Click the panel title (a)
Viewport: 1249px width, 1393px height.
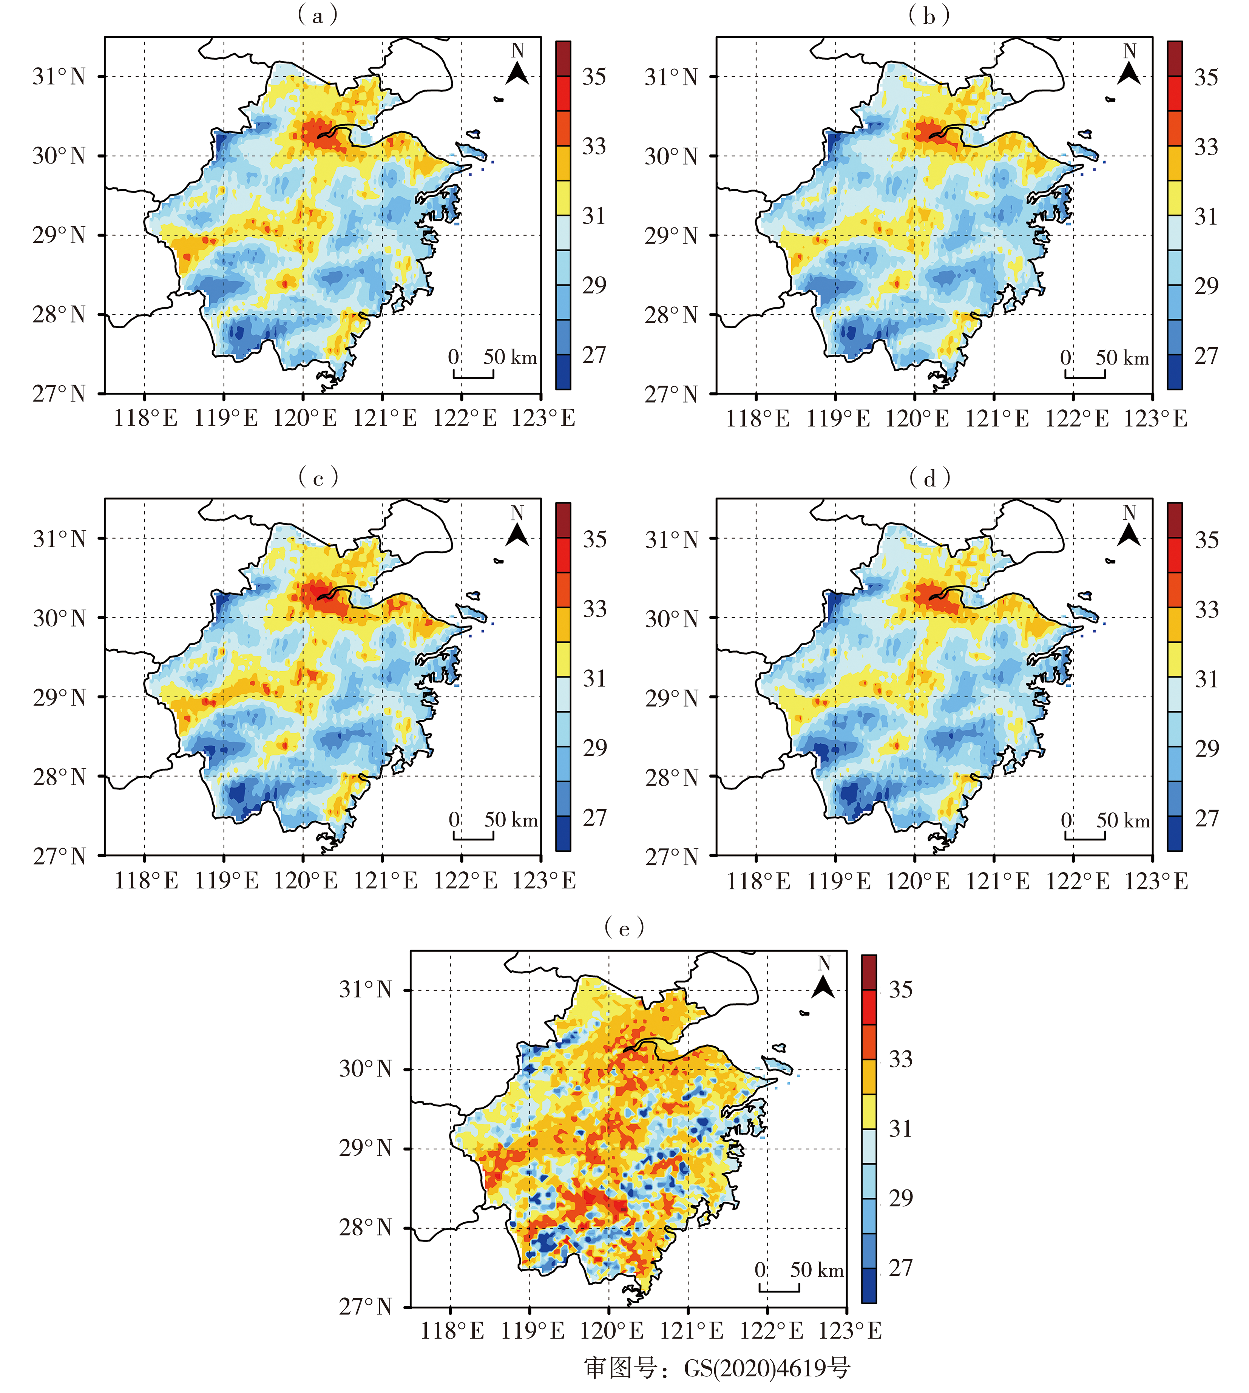(x=318, y=15)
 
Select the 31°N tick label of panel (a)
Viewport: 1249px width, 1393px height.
(x=60, y=76)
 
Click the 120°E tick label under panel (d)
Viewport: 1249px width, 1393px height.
(x=917, y=880)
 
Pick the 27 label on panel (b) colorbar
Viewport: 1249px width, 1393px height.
(x=1206, y=355)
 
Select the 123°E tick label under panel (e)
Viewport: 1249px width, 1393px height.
(x=849, y=1331)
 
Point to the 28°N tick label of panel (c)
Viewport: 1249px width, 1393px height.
(x=60, y=777)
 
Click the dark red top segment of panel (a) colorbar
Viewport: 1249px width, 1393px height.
(x=563, y=58)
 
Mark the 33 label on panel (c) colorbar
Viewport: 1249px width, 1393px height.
(x=594, y=608)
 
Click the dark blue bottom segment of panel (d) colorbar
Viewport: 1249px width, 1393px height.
(x=1174, y=834)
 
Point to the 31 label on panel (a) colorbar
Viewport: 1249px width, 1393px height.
(x=594, y=215)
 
